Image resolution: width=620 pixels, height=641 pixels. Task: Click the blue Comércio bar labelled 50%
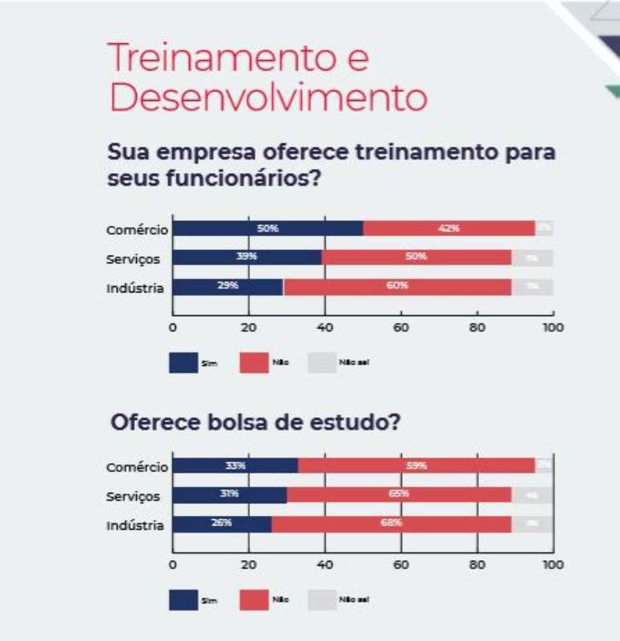coord(268,228)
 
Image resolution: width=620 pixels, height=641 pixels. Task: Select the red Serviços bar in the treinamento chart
coord(417,257)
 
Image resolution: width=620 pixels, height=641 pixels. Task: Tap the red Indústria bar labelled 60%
coord(397,287)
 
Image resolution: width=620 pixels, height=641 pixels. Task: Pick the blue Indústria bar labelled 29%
coord(228,287)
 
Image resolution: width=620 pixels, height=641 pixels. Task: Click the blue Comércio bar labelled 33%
coord(236,466)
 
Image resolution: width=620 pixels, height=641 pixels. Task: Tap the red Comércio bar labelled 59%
coord(417,466)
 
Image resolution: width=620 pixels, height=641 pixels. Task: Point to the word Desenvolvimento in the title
coord(268,99)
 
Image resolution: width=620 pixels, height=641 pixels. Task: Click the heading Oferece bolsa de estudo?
coord(255,422)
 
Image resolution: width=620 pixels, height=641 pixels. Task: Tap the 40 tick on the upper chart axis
coord(324,327)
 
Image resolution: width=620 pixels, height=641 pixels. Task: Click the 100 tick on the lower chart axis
coord(553,565)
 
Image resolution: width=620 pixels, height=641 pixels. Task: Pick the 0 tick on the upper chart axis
coord(172,327)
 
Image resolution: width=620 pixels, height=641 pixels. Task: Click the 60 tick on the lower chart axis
coord(401,565)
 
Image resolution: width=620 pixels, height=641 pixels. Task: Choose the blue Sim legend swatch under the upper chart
coord(183,362)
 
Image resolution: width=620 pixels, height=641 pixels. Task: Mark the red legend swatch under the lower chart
coord(253,599)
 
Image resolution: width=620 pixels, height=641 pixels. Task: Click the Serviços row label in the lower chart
coord(133,497)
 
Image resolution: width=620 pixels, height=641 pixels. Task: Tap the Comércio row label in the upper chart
coord(137,230)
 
